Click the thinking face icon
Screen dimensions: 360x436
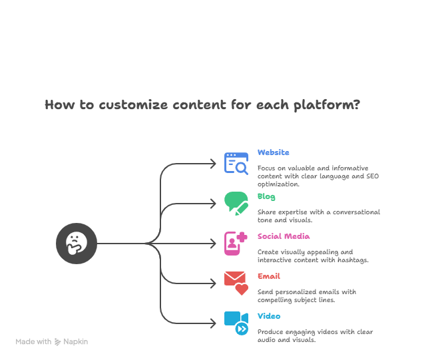pyautogui.click(x=77, y=244)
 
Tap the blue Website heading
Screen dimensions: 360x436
pyautogui.click(x=274, y=152)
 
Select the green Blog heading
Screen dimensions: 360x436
pyautogui.click(x=266, y=196)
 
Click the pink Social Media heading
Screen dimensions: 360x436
pyautogui.click(x=284, y=236)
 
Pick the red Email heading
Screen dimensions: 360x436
pyautogui.click(x=268, y=276)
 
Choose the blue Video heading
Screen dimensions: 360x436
pyautogui.click(x=269, y=316)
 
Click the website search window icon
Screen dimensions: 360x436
pyautogui.click(x=236, y=164)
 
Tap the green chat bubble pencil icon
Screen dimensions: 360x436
pyautogui.click(x=236, y=204)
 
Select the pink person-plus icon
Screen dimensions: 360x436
pyautogui.click(x=236, y=244)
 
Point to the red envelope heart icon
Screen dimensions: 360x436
pyautogui.click(x=236, y=283)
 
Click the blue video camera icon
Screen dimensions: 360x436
pyautogui.click(x=236, y=323)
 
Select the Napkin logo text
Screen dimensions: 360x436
pyautogui.click(x=75, y=341)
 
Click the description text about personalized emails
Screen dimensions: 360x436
pyautogui.click(x=307, y=295)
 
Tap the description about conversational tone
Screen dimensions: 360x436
pyautogui.click(x=319, y=216)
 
